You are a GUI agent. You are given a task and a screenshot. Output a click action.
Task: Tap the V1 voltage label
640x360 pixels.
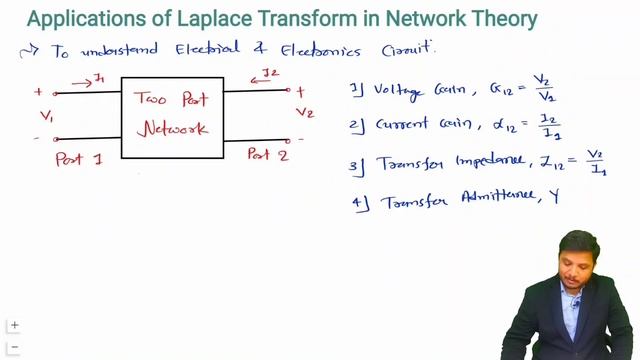pos(46,116)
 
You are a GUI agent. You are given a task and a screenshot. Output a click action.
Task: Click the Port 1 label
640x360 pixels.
pos(79,159)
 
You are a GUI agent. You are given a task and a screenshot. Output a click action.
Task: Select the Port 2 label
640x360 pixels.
pos(268,155)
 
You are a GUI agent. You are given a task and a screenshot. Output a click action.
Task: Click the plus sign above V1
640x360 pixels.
pos(39,92)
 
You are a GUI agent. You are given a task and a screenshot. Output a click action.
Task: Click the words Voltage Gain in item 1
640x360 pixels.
pos(412,91)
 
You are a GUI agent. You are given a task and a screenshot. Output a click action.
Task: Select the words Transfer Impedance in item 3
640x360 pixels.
pos(442,163)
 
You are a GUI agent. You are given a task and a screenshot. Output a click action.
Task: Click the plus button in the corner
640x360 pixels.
pos(15,326)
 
